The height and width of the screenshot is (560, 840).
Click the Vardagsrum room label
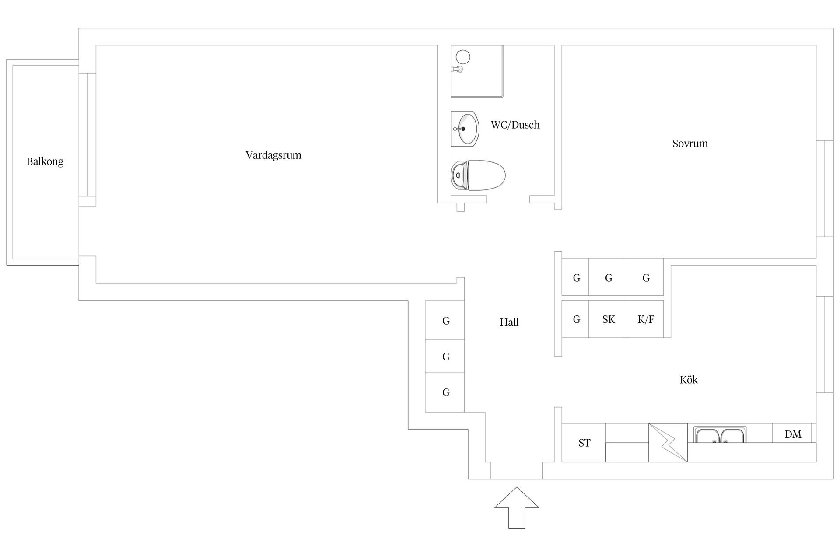point(273,155)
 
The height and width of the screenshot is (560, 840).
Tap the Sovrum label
point(690,143)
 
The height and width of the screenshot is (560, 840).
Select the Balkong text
point(45,162)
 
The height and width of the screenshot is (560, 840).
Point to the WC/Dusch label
point(515,125)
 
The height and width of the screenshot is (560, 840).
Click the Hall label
point(509,322)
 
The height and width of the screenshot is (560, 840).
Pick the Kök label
point(689,379)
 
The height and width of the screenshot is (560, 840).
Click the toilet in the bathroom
point(478,175)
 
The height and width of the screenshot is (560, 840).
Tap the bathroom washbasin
point(465,129)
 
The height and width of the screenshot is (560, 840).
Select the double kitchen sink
point(720,435)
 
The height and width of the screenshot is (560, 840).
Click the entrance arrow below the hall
point(517,508)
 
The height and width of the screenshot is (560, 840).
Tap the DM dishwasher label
point(793,434)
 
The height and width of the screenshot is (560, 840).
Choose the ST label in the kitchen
point(584,443)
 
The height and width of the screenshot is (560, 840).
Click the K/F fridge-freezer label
point(646,319)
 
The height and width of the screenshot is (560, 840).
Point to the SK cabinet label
point(609,319)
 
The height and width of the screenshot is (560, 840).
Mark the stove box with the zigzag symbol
point(668,443)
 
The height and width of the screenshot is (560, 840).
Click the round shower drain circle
point(463,57)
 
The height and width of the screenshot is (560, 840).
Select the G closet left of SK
point(575,319)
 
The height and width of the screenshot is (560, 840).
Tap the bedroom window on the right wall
point(825,189)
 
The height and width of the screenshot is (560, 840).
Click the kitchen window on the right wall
point(825,344)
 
